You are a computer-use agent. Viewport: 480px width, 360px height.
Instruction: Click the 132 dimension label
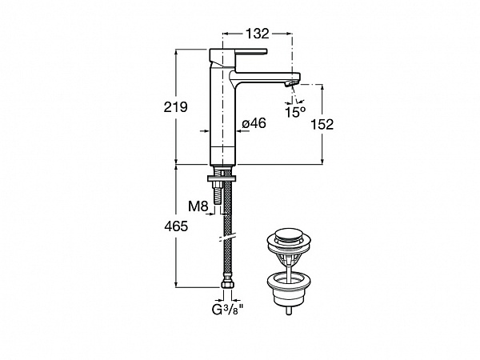coord(258,34)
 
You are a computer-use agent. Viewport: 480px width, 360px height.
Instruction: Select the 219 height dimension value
coord(175,107)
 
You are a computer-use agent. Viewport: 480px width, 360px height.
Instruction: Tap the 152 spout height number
coord(322,125)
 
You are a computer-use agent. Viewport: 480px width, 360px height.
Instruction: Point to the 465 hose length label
coord(176,226)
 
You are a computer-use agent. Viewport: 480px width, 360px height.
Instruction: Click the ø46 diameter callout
coord(254,123)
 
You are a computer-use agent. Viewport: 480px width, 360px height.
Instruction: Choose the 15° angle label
coord(295,112)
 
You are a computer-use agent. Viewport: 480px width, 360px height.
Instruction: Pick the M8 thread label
coord(198,206)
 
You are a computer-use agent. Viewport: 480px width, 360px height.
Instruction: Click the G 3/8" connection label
coord(227,310)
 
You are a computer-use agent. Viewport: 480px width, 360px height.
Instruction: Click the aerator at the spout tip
coord(291,83)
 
